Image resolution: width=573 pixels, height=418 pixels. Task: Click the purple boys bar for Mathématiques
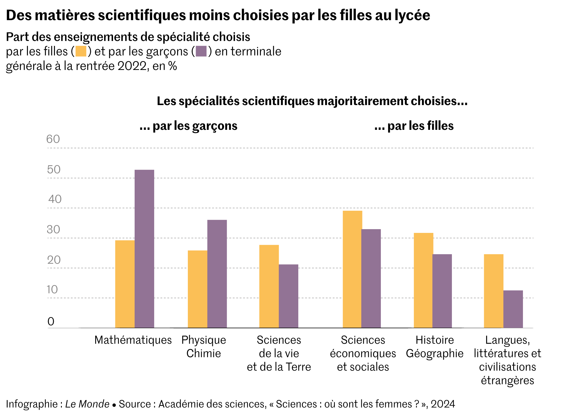[x=144, y=249]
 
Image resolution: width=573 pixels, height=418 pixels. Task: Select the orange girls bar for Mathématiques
[x=125, y=284]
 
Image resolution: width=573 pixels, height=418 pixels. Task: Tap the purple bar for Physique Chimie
[x=217, y=273]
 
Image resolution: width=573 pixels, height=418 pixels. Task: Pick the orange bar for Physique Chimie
[x=197, y=289]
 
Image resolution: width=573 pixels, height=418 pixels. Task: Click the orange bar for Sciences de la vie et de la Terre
[x=269, y=286]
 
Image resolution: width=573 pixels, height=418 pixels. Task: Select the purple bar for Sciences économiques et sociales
[x=371, y=278]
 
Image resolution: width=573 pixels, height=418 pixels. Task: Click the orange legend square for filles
[x=81, y=51]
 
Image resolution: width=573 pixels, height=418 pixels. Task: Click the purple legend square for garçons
[x=201, y=51]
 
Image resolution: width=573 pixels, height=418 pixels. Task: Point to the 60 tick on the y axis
[x=53, y=139]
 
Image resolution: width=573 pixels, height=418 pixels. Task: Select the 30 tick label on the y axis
[x=53, y=229]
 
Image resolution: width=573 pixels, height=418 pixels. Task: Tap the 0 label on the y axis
[x=51, y=322]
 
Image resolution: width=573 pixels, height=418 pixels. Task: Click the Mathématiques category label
[x=133, y=340]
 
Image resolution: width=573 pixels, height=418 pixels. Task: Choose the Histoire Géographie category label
[x=434, y=347]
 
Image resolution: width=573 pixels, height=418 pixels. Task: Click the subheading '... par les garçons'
[x=188, y=126]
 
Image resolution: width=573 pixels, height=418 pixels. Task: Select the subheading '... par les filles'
[x=414, y=126]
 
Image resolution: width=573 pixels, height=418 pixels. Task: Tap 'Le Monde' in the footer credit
[x=87, y=404]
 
